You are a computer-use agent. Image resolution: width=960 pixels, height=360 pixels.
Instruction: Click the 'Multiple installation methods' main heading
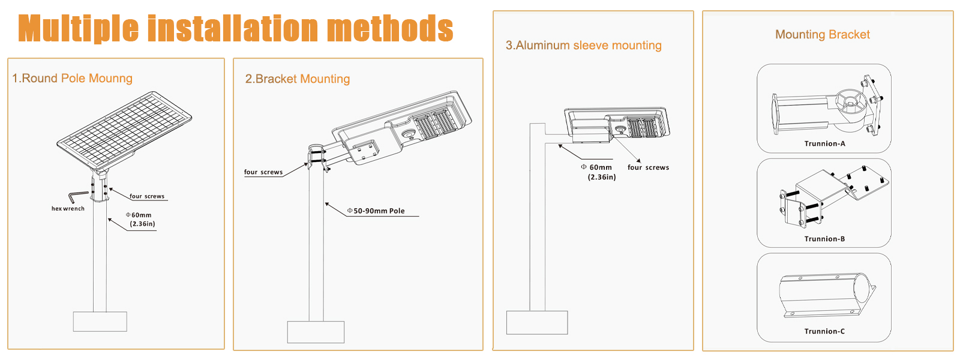(x=235, y=29)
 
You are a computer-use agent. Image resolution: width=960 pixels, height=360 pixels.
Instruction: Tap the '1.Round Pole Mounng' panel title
(x=72, y=79)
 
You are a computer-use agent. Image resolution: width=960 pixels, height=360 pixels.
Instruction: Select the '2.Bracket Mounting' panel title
(x=297, y=79)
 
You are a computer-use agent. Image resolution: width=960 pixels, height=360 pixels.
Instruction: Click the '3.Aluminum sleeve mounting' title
(x=583, y=46)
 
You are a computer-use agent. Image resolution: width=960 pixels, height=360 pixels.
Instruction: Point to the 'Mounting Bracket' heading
(x=822, y=35)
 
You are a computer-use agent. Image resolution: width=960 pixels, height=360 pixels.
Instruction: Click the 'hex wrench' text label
(x=68, y=209)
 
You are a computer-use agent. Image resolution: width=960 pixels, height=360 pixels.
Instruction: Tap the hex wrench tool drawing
(x=77, y=196)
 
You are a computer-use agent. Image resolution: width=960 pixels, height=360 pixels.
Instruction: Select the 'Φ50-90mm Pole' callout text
(x=376, y=211)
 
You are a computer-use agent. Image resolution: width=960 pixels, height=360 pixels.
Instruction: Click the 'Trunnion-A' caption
(x=824, y=144)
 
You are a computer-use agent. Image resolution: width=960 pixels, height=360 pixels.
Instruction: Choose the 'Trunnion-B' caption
(x=824, y=239)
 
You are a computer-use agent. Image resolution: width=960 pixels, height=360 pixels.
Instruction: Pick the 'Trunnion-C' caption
(x=824, y=331)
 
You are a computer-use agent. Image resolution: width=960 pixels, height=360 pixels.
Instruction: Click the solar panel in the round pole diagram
(x=125, y=129)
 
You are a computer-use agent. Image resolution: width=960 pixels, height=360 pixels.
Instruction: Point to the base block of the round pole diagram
(x=100, y=322)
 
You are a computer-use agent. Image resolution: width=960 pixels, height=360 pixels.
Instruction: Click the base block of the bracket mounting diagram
(x=316, y=332)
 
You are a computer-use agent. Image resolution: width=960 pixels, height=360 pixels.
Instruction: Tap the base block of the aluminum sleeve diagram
(x=537, y=322)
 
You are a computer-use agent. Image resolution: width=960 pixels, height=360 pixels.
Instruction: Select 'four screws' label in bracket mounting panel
(x=263, y=172)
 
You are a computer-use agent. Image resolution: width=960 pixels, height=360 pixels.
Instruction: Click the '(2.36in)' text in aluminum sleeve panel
(x=601, y=177)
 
